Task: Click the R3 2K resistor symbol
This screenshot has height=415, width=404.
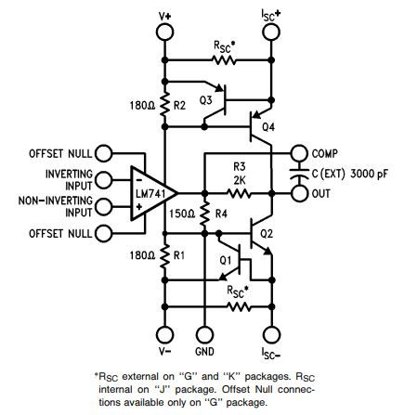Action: pyautogui.click(x=239, y=194)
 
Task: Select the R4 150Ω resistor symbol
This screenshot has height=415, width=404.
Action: pyautogui.click(x=204, y=214)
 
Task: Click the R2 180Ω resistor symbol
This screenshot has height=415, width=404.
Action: pyautogui.click(x=164, y=104)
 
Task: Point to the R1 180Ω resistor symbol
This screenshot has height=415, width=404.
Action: pyautogui.click(x=164, y=256)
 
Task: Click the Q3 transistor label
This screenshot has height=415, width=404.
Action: pyautogui.click(x=206, y=100)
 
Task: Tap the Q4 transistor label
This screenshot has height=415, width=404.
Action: pyautogui.click(x=268, y=127)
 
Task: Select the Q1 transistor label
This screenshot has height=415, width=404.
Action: pyautogui.click(x=226, y=261)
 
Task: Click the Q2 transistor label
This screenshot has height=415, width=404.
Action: pyautogui.click(x=267, y=234)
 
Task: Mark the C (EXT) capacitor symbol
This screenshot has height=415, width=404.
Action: pyautogui.click(x=299, y=174)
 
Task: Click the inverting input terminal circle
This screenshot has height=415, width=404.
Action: pyautogui.click(x=104, y=179)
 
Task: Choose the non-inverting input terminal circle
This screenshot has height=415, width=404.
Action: pyautogui.click(x=104, y=207)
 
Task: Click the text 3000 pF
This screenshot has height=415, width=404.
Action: pyautogui.click(x=369, y=174)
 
